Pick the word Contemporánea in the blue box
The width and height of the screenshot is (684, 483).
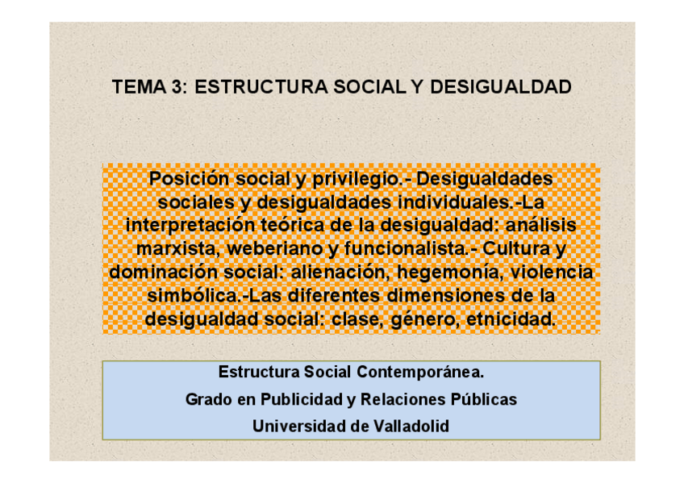coord(420,373)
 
